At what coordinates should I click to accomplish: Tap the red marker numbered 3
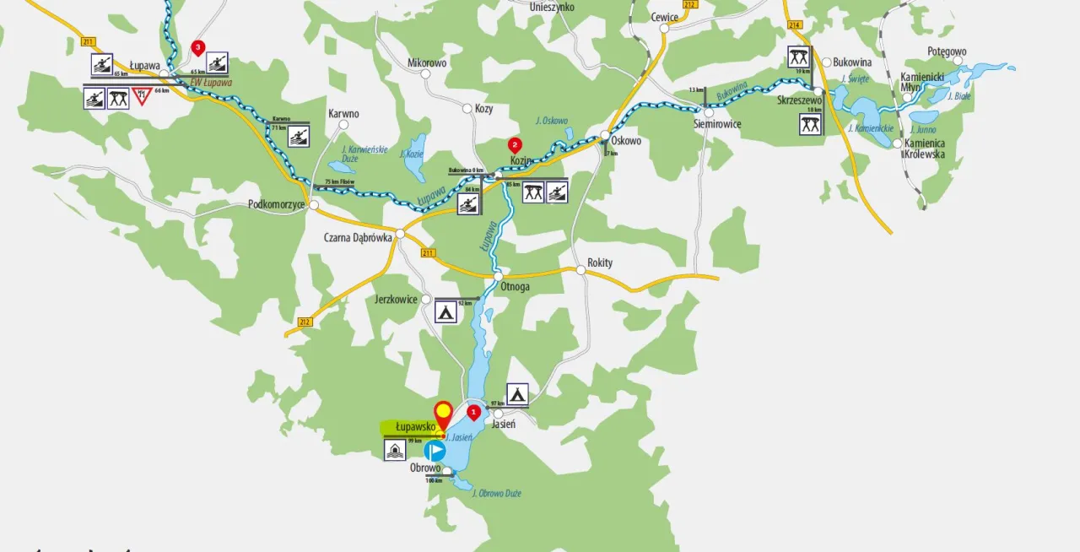pyautogui.click(x=198, y=48)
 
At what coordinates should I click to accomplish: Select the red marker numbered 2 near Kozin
pyautogui.click(x=515, y=144)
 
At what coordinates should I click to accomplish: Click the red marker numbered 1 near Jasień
pyautogui.click(x=474, y=412)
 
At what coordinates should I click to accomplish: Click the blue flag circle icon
pyautogui.click(x=435, y=451)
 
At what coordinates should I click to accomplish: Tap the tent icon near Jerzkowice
pyautogui.click(x=445, y=311)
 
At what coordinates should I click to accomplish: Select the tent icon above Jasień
pyautogui.click(x=517, y=393)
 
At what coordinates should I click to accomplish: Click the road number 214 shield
pyautogui.click(x=794, y=26)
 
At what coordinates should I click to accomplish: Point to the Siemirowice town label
pyautogui.click(x=717, y=124)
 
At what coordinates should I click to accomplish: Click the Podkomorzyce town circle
pyautogui.click(x=314, y=205)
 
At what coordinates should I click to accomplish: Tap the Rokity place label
pyautogui.click(x=600, y=263)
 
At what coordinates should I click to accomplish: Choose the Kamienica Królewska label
pyautogui.click(x=924, y=149)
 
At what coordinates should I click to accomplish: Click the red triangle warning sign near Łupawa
pyautogui.click(x=141, y=96)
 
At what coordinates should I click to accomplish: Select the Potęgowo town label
pyautogui.click(x=947, y=51)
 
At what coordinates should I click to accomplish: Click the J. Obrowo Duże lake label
pyautogui.click(x=502, y=493)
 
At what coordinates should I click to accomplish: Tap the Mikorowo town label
pyautogui.click(x=426, y=63)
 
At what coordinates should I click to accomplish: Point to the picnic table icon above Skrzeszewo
pyautogui.click(x=798, y=57)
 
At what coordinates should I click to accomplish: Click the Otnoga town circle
pyautogui.click(x=499, y=276)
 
